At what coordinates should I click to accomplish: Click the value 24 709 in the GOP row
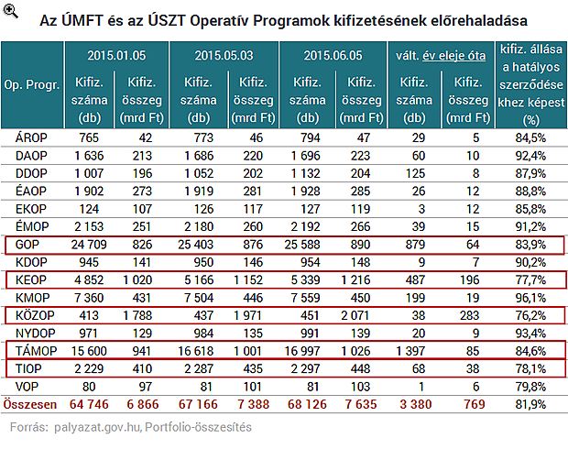point(90,245)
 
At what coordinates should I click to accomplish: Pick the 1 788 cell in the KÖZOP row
point(142,314)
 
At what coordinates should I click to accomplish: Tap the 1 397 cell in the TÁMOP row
point(414,350)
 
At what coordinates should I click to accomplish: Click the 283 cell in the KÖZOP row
point(468,314)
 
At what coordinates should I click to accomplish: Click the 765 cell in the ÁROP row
point(90,138)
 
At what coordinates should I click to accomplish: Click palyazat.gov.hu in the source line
point(93,426)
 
